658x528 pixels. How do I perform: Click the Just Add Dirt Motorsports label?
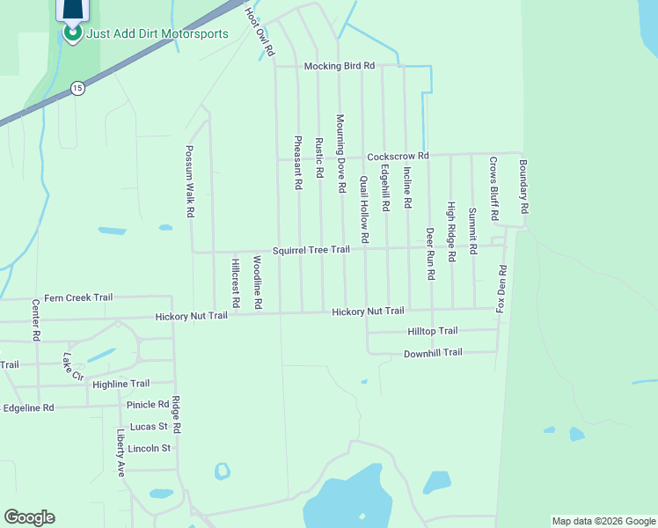(157, 34)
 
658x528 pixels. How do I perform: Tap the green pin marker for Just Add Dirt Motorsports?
(71, 33)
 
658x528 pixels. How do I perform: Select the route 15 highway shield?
(78, 88)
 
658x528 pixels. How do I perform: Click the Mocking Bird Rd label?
(340, 66)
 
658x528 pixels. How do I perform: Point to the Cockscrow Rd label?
(398, 156)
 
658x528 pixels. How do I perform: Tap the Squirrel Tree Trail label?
(311, 250)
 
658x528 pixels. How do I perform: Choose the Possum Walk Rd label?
(189, 182)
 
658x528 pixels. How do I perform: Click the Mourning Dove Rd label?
(340, 152)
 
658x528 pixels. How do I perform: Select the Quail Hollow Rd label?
(363, 209)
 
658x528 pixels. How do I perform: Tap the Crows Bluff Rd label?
(493, 188)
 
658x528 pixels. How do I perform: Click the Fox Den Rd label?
(501, 289)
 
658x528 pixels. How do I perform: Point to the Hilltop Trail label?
(433, 331)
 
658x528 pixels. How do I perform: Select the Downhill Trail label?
(433, 353)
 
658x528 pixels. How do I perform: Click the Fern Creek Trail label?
(78, 297)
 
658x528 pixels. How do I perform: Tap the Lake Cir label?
(72, 367)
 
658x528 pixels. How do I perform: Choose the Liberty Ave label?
(121, 452)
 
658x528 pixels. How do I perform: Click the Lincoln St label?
(149, 448)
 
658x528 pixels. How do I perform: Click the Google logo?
(29, 517)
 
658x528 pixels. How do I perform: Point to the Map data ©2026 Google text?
(603, 521)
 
